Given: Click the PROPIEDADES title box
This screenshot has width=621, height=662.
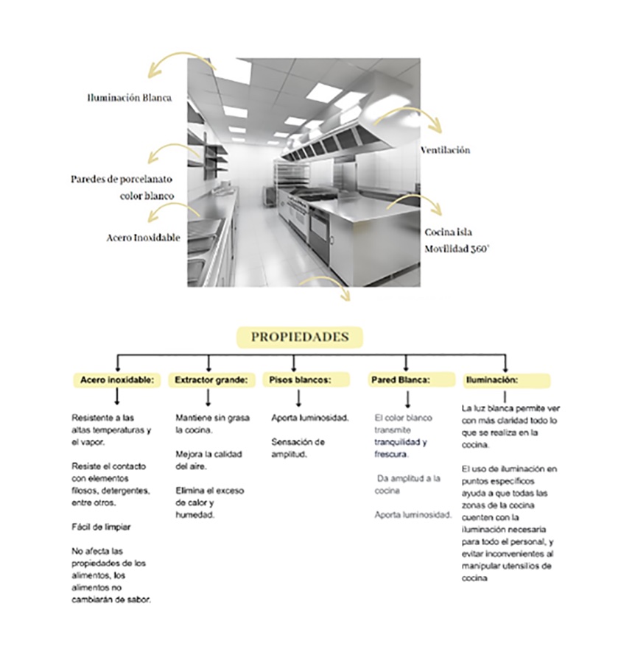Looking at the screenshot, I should click(299, 337).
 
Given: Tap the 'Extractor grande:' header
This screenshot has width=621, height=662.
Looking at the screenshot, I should click(211, 380).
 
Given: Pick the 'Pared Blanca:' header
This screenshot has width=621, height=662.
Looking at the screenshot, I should click(401, 380).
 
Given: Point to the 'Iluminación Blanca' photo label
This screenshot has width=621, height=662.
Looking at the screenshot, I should click(130, 97).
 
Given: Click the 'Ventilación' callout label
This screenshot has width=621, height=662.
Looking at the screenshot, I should click(445, 150).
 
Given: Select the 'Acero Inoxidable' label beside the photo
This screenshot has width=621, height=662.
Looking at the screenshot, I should click(143, 238).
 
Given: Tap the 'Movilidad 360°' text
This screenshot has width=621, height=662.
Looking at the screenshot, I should click(457, 249).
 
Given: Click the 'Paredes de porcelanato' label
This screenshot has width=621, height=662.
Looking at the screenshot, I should click(122, 179).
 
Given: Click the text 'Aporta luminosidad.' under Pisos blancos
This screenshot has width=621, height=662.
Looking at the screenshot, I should click(309, 418).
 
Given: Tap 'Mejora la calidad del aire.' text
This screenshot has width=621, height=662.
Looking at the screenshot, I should click(208, 460).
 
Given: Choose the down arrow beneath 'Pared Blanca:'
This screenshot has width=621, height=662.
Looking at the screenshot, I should click(407, 399).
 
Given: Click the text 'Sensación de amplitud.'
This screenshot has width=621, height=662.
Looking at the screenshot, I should click(298, 448).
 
